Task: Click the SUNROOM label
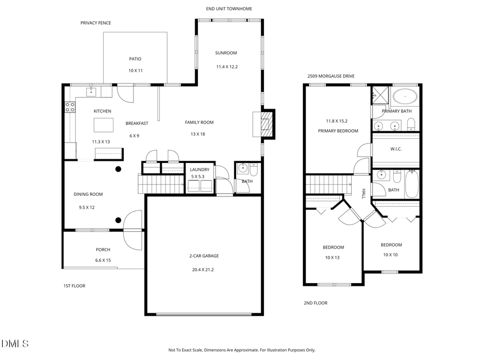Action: pyautogui.click(x=226, y=53)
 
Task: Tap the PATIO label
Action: pyautogui.click(x=135, y=59)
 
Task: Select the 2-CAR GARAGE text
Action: pyautogui.click(x=204, y=256)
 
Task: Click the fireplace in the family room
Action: pyautogui.click(x=264, y=123)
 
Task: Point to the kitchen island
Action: pyautogui.click(x=104, y=125)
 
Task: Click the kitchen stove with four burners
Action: pyautogui.click(x=69, y=107)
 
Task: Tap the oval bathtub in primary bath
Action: pyautogui.click(x=405, y=97)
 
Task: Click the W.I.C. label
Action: pyautogui.click(x=395, y=149)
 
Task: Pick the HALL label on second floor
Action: pyautogui.click(x=364, y=194)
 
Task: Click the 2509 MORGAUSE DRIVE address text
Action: pyautogui.click(x=331, y=76)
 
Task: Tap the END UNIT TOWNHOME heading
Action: pyautogui.click(x=229, y=9)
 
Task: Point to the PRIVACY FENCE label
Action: pyautogui.click(x=96, y=23)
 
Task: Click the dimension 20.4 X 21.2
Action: pyautogui.click(x=204, y=270)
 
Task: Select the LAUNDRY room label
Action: pyautogui.click(x=200, y=170)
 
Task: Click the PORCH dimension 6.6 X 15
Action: pyautogui.click(x=103, y=260)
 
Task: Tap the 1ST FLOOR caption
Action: pyautogui.click(x=74, y=286)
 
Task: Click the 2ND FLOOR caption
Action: pyautogui.click(x=316, y=303)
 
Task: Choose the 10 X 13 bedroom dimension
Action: pyautogui.click(x=333, y=257)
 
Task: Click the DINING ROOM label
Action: pyautogui.click(x=88, y=194)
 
